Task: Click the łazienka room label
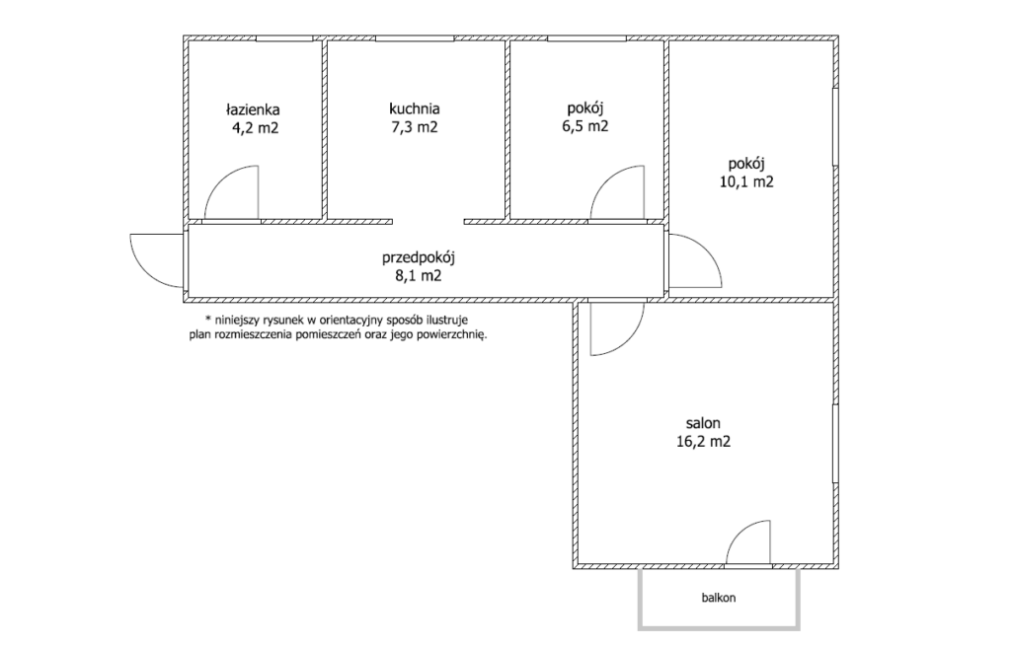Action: [252, 109]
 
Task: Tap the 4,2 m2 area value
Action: [256, 128]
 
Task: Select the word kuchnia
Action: [414, 108]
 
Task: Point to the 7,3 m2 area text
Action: [415, 127]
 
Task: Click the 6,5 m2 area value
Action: [584, 126]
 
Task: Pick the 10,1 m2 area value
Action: [746, 182]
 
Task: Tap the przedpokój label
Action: [419, 258]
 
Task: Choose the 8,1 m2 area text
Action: [419, 276]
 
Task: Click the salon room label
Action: [703, 423]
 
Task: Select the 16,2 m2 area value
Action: [703, 442]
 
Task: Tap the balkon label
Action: [719, 598]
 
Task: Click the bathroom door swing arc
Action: [219, 180]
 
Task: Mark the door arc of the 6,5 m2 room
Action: [605, 180]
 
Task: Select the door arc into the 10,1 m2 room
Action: [707, 249]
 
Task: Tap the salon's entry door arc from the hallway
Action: [629, 341]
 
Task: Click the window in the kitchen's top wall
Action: [415, 38]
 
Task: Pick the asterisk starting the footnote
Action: [207, 319]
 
